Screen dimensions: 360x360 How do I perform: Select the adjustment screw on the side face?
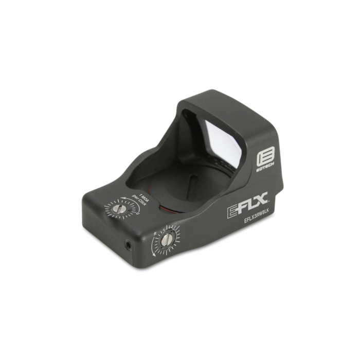[167, 240]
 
